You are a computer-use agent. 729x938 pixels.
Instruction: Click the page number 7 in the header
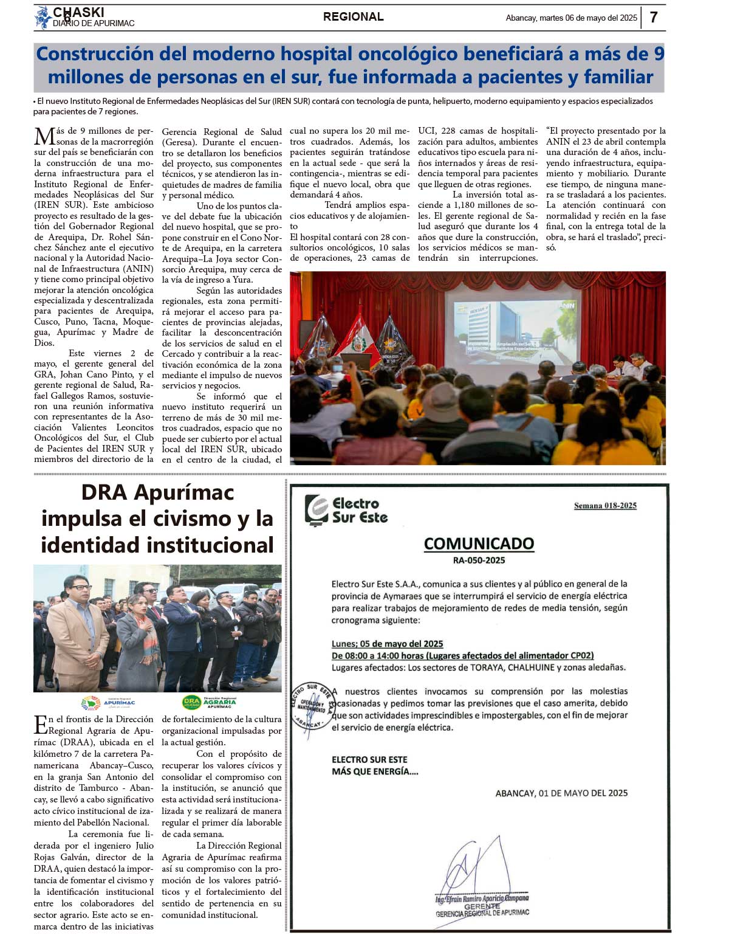click(654, 17)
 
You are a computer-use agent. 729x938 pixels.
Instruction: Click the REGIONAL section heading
click(353, 17)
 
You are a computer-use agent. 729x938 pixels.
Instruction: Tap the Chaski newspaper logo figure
click(43, 18)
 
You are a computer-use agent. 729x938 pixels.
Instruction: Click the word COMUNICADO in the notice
click(479, 543)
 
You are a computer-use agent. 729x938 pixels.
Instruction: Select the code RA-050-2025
click(479, 560)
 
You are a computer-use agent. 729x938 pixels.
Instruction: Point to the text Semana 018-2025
click(605, 506)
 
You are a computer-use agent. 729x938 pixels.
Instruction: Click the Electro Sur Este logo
click(346, 510)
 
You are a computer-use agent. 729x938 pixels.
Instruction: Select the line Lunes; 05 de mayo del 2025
click(387, 644)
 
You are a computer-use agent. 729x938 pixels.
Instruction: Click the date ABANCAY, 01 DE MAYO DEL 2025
click(561, 793)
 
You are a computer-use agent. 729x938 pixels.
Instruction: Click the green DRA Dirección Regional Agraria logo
click(209, 703)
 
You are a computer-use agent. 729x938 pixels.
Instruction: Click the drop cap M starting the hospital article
click(44, 136)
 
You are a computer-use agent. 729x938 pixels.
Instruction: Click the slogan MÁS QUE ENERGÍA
click(375, 771)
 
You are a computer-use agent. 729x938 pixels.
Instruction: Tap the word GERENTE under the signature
click(482, 906)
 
